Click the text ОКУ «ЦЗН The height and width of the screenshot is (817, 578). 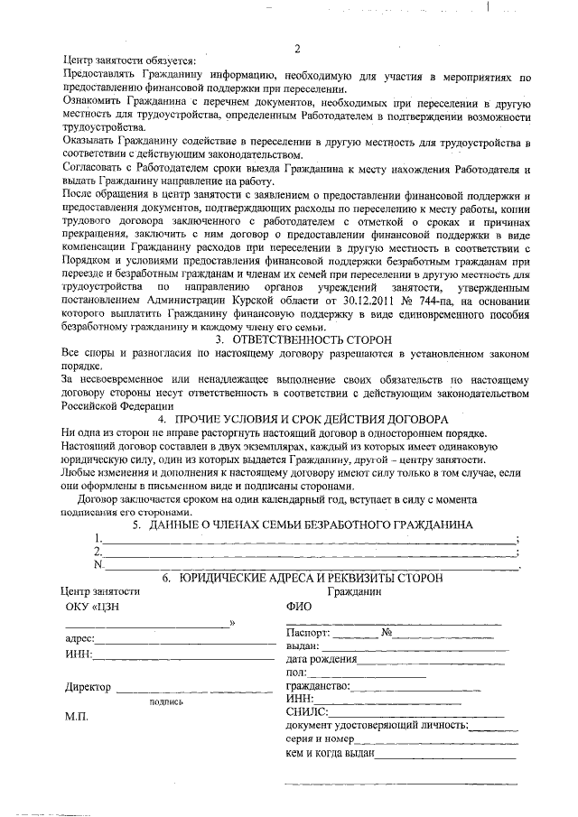click(93, 607)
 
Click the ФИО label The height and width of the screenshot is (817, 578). click(298, 607)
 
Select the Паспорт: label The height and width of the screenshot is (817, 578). click(310, 632)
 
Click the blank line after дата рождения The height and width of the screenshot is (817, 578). click(433, 660)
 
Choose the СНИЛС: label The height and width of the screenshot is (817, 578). click(306, 711)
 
